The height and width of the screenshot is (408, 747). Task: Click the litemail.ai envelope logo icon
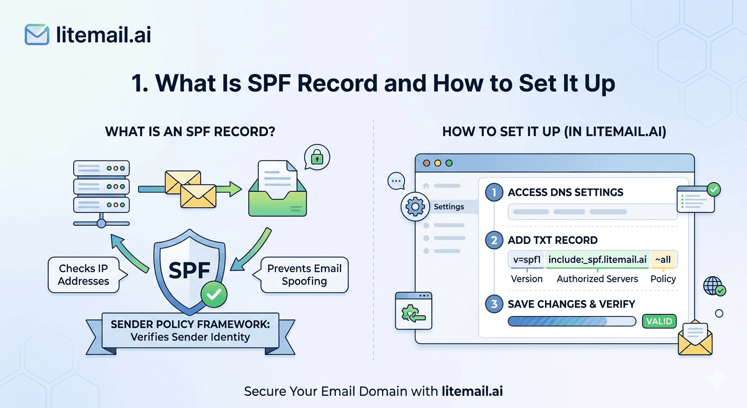point(37,35)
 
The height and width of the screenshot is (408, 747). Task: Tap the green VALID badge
point(659,321)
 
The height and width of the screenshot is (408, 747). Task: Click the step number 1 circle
point(494,192)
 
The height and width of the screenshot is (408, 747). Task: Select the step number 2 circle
point(494,240)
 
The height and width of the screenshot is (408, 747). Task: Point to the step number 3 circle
point(494,304)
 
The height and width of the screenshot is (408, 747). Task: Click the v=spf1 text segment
point(526,260)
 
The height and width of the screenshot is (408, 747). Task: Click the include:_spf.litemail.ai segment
point(597,260)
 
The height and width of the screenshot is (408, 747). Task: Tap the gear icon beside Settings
point(414,207)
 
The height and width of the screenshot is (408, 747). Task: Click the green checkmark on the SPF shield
point(213,294)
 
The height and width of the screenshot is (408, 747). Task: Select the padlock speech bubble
point(317,157)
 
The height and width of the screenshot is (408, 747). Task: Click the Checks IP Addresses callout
point(84,275)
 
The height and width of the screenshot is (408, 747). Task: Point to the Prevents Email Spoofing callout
point(304,275)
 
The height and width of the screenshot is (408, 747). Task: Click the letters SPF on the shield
point(189,270)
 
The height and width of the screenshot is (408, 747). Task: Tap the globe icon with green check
point(713,286)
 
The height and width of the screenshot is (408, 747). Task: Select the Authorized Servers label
point(597,279)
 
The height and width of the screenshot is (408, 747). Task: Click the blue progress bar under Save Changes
point(571,321)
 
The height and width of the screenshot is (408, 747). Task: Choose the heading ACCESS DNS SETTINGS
point(566,192)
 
